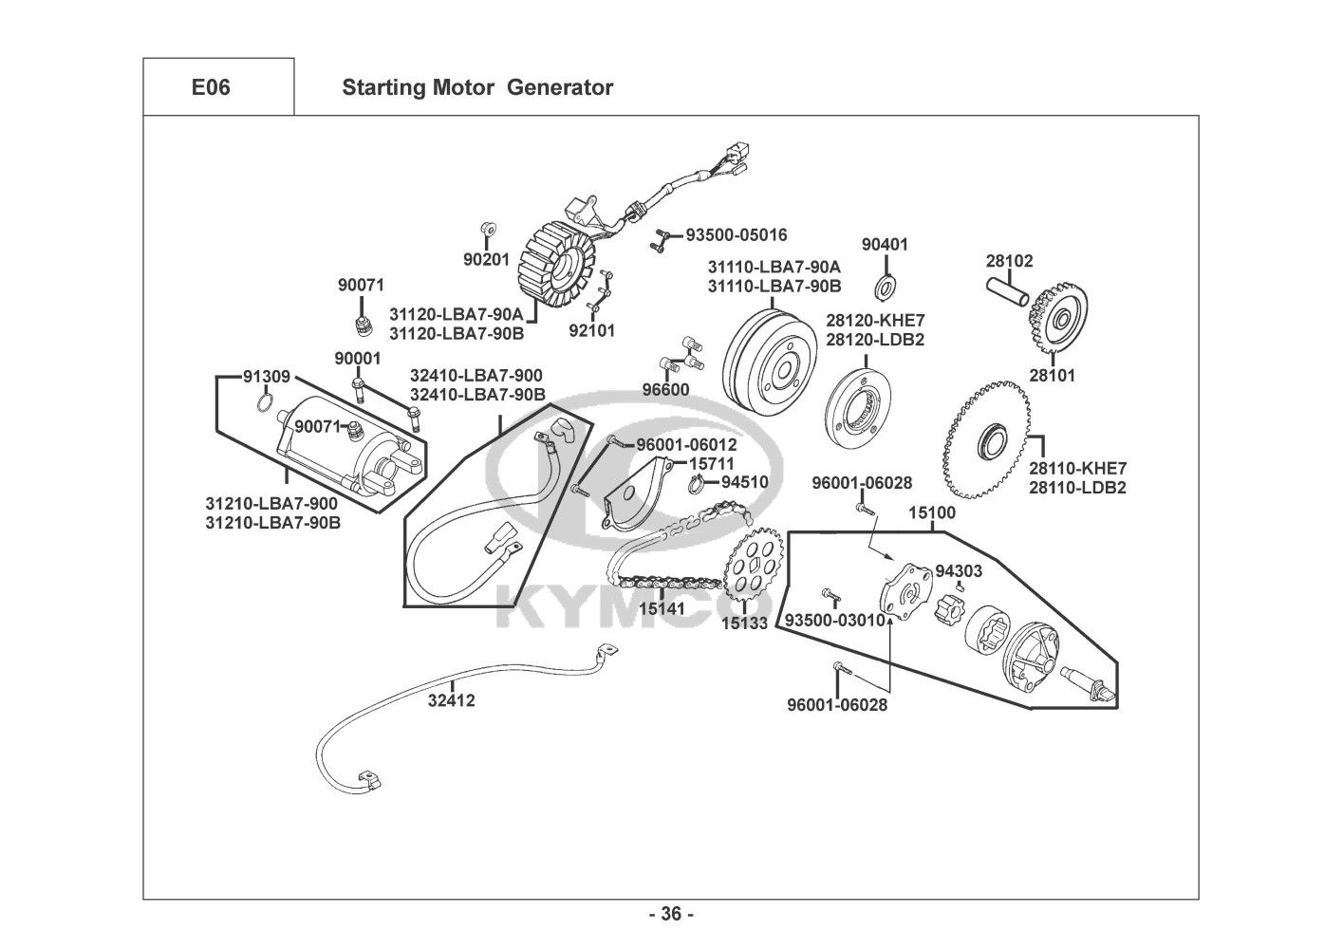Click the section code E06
(x=211, y=87)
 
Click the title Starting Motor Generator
(x=476, y=87)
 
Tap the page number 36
(x=671, y=915)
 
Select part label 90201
(x=486, y=259)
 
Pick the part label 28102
(x=1009, y=261)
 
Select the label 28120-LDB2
(x=875, y=340)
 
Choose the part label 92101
(x=592, y=331)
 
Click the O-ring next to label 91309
(x=266, y=406)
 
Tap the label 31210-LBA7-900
(x=271, y=503)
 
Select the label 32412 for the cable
(x=451, y=701)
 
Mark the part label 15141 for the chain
(x=662, y=607)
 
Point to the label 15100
(x=932, y=513)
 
